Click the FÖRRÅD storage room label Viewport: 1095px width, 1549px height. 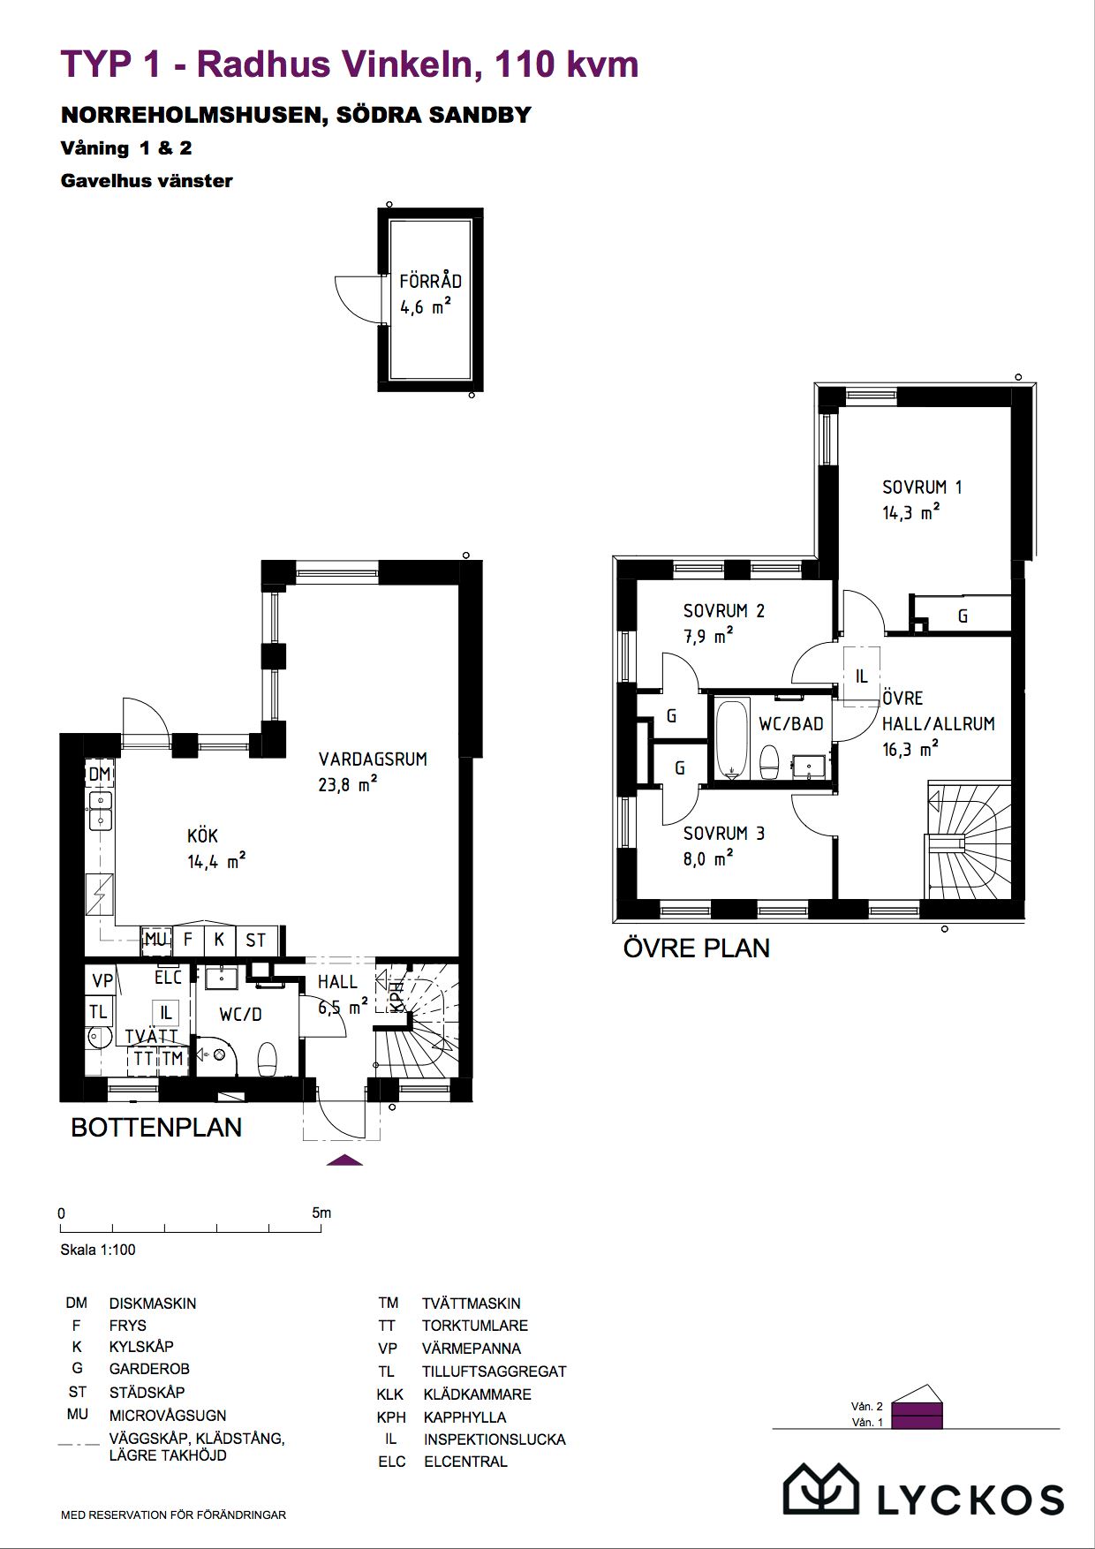click(430, 281)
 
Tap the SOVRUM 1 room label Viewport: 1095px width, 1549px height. click(922, 487)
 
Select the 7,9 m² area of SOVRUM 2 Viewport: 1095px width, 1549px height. click(708, 636)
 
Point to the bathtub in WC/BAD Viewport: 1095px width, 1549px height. click(732, 739)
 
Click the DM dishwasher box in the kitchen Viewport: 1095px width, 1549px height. click(100, 774)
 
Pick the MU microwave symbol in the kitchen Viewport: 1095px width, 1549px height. click(156, 940)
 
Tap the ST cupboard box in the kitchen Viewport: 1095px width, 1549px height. click(256, 941)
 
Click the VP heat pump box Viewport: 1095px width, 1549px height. click(102, 980)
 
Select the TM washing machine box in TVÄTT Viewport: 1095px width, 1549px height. click(173, 1058)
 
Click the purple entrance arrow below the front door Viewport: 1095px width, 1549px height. click(344, 1160)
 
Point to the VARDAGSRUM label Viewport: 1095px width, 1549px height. click(373, 759)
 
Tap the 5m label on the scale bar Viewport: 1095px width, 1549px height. click(321, 1213)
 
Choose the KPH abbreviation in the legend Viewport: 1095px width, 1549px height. click(391, 1417)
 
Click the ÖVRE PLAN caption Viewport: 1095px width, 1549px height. click(697, 948)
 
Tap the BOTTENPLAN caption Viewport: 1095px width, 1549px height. click(156, 1128)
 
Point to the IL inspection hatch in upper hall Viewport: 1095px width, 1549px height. click(862, 676)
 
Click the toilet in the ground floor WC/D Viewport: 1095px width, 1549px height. click(267, 1060)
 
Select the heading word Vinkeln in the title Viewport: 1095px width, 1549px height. click(414, 64)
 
